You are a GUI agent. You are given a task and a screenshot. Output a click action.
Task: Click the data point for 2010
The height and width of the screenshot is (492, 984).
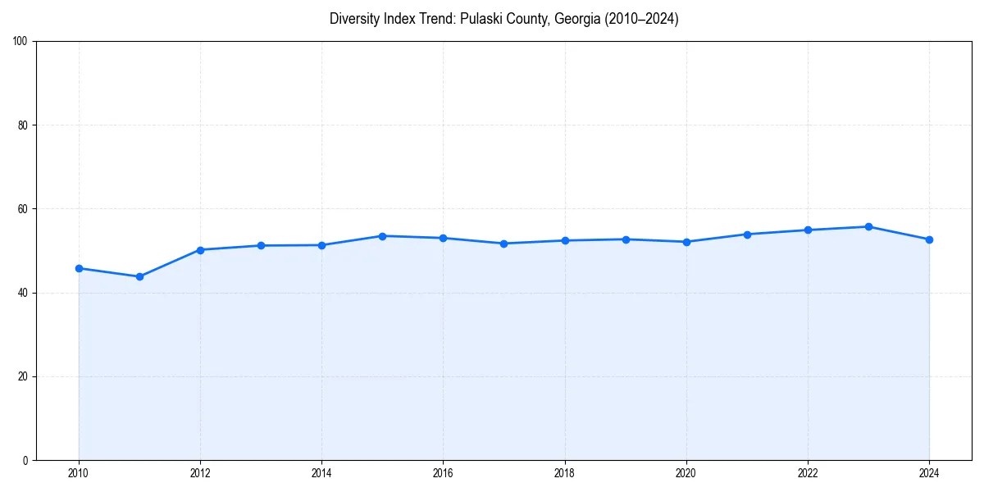pyautogui.click(x=79, y=268)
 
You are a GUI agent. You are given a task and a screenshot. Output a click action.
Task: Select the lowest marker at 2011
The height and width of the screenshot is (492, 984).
pyautogui.click(x=139, y=276)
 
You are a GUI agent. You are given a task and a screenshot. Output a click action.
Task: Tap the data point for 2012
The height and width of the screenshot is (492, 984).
pyautogui.click(x=200, y=250)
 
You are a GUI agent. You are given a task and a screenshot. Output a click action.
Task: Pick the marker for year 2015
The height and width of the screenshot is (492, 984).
pyautogui.click(x=382, y=236)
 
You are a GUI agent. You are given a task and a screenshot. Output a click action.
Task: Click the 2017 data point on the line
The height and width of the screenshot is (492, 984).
pyautogui.click(x=503, y=244)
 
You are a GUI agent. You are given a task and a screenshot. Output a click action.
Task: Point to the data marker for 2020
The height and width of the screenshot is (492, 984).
pyautogui.click(x=686, y=242)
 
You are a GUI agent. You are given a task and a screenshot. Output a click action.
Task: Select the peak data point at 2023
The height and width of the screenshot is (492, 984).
pyautogui.click(x=868, y=226)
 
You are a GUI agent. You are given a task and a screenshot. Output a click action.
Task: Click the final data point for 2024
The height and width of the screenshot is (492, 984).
pyautogui.click(x=929, y=239)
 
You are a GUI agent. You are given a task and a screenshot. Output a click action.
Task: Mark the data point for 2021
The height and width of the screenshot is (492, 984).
pyautogui.click(x=747, y=235)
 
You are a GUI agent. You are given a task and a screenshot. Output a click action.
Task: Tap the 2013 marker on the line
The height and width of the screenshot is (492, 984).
pyautogui.click(x=261, y=245)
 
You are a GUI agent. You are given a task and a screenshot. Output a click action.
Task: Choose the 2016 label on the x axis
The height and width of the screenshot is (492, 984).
pyautogui.click(x=443, y=473)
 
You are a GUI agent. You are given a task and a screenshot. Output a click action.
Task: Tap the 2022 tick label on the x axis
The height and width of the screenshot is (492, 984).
pyautogui.click(x=808, y=473)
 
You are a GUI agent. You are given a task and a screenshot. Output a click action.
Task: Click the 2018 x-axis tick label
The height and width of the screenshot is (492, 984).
pyautogui.click(x=564, y=473)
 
